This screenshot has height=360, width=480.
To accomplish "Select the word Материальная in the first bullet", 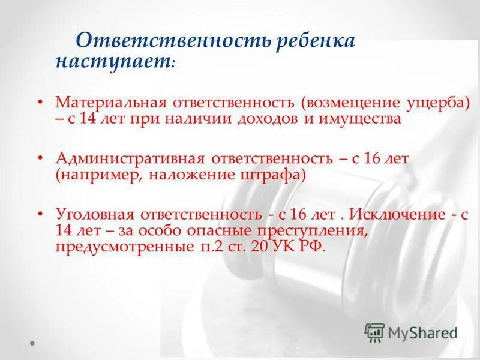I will click(112, 103).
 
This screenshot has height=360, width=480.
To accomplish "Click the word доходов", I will click(272, 118).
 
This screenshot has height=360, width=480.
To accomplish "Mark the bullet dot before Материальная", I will click(41, 104).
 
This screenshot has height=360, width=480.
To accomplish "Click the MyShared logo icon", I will click(375, 332).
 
